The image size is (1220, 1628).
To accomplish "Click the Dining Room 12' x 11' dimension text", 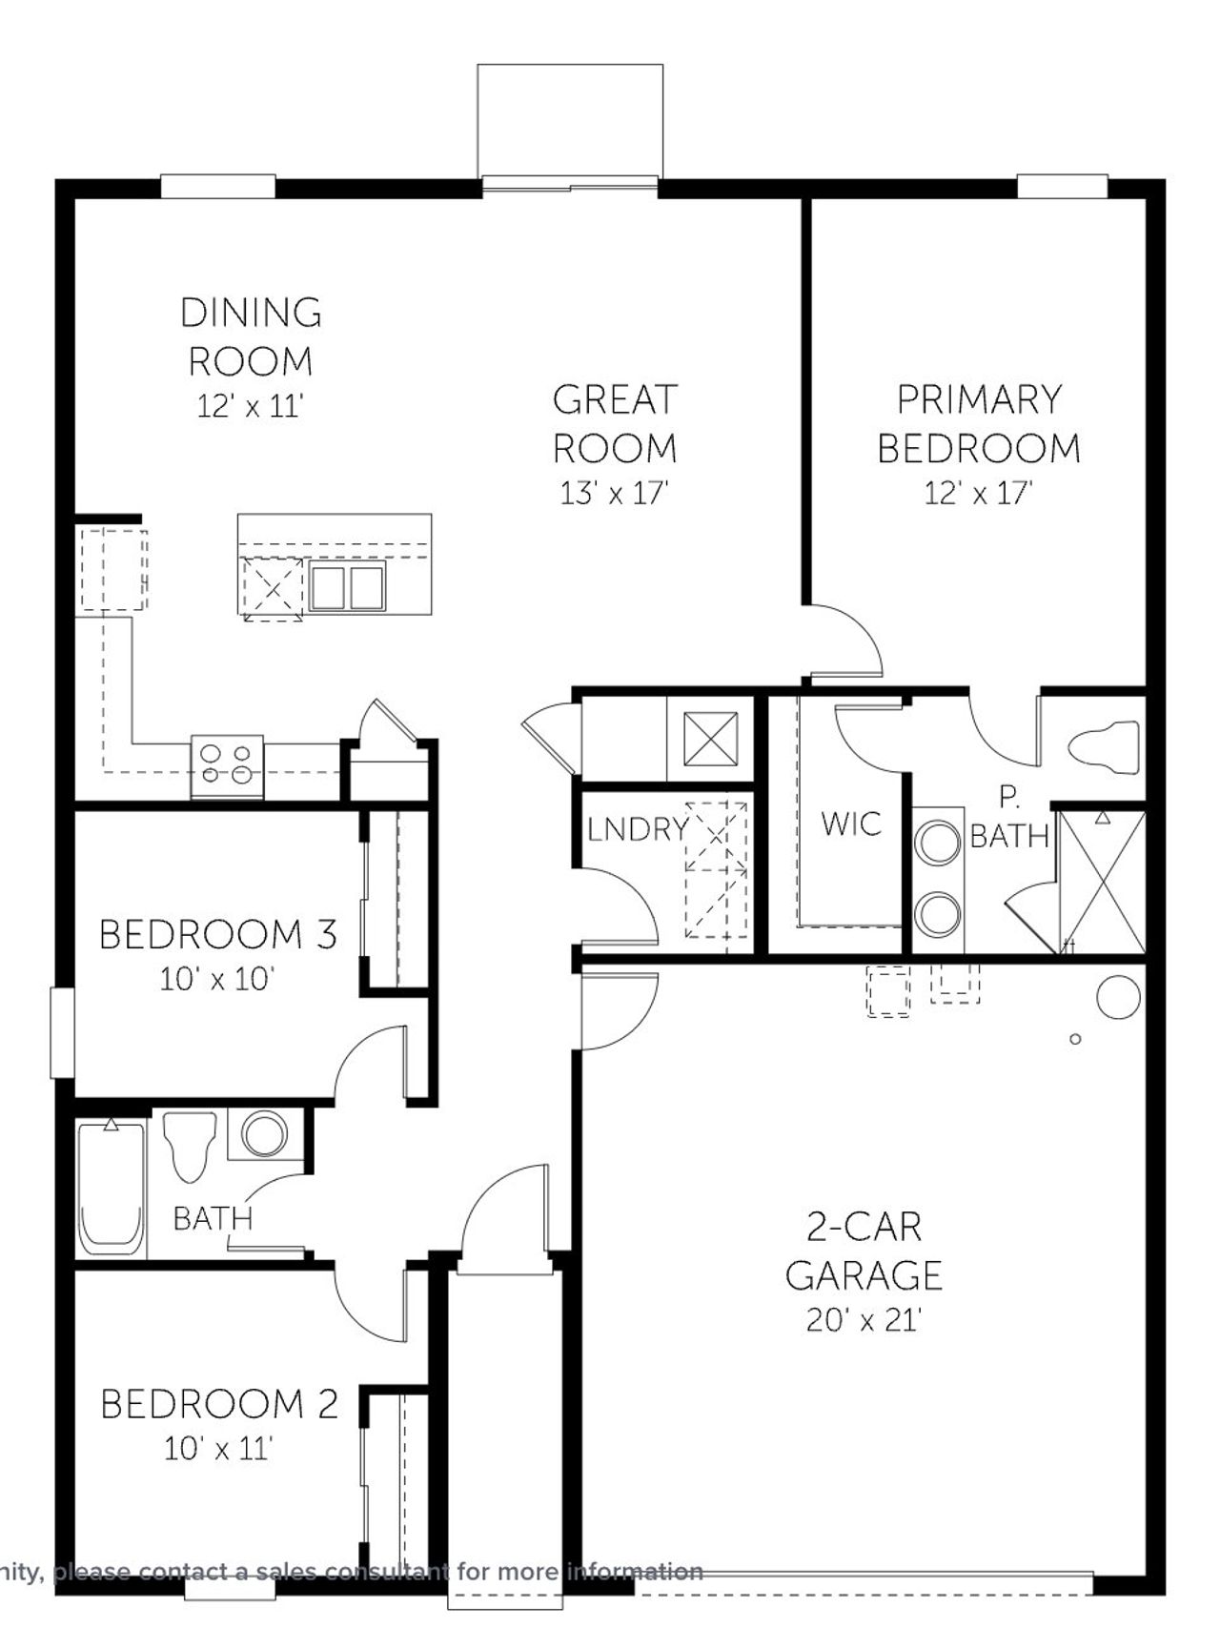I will (250, 407).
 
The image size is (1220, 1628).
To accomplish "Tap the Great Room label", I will (615, 423).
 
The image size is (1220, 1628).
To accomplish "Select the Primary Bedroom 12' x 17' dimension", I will (979, 493).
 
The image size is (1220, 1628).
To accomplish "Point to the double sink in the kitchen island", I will (347, 586).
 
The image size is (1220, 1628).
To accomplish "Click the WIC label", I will (851, 824).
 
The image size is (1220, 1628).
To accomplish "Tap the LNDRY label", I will (637, 829).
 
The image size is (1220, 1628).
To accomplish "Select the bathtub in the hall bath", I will (112, 1188).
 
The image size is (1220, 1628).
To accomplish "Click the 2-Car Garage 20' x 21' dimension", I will (864, 1320).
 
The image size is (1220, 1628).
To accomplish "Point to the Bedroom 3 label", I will (218, 935).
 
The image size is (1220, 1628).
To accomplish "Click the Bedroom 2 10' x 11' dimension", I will (218, 1449).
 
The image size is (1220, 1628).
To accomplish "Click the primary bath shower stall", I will (1102, 882).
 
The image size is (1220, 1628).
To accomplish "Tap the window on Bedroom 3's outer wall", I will (63, 1032).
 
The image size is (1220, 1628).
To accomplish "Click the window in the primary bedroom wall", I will (1062, 187).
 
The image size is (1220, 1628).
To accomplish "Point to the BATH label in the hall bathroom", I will (213, 1217).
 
